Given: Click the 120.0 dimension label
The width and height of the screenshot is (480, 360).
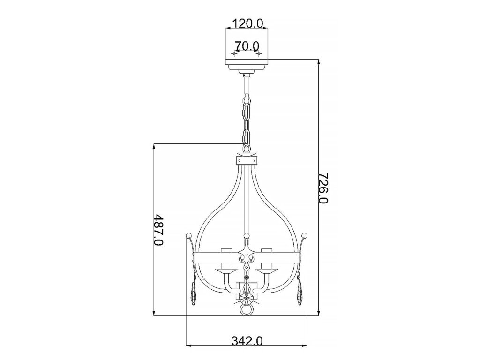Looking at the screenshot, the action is point(248,23).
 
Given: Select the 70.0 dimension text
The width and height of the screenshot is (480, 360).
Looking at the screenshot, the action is point(247,46).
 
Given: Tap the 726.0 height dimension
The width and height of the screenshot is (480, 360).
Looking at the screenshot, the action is point(323,188).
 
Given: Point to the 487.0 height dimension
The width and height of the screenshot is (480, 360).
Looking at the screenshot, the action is point(158,230).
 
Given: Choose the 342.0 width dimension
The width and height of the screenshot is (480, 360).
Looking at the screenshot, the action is point(247,340).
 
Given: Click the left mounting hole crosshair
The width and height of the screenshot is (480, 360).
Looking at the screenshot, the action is point(234,54).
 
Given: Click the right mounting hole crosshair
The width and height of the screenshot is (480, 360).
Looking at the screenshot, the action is point(259,54).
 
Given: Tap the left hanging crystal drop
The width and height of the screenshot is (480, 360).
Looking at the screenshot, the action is point(194,294).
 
